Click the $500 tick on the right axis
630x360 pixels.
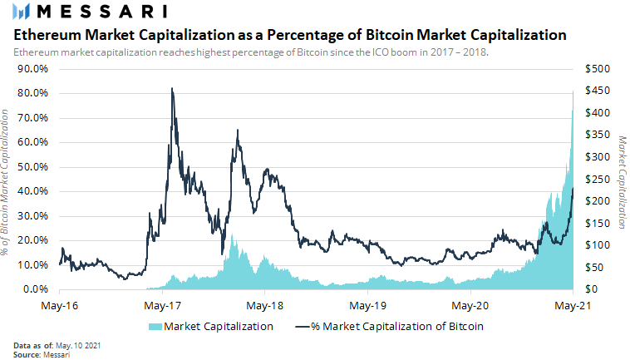click(598, 68)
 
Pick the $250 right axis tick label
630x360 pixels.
click(598, 179)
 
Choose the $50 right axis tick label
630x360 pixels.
click(595, 268)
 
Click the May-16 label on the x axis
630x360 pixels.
click(59, 305)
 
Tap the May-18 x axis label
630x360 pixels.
click(265, 305)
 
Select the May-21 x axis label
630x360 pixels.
click(573, 305)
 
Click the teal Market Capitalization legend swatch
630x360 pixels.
click(155, 327)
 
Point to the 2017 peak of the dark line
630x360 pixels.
click(172, 88)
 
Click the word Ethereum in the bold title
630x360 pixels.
click(49, 36)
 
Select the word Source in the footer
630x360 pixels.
click(26, 354)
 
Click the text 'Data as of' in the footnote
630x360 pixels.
click(32, 345)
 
